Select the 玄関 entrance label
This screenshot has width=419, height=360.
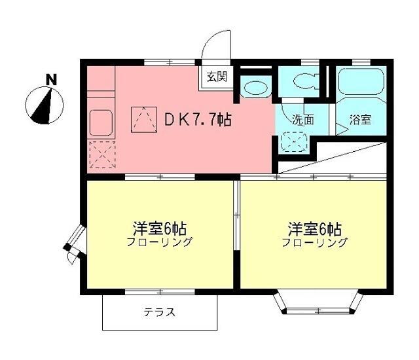click(x=217, y=77)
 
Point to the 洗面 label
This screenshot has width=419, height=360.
click(x=302, y=120)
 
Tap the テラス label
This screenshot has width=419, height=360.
click(x=160, y=313)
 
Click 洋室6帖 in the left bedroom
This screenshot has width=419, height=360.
click(x=159, y=229)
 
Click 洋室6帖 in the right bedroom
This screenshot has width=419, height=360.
click(x=314, y=229)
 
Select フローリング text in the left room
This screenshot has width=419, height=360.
click(x=159, y=243)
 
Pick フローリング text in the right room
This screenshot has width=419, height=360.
click(x=314, y=243)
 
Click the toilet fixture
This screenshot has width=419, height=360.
click(x=304, y=82)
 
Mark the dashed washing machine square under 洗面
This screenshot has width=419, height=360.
click(x=293, y=141)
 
